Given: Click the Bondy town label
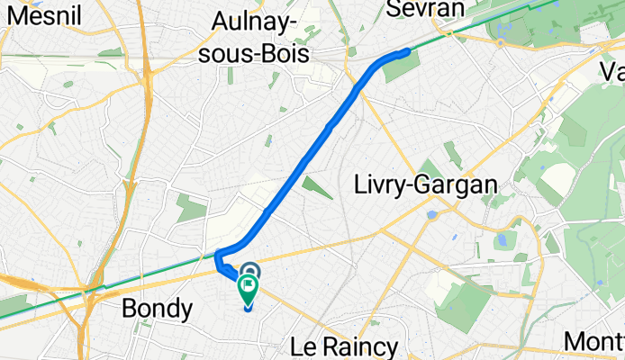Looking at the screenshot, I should [157, 310].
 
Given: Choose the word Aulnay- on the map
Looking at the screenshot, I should [260, 22].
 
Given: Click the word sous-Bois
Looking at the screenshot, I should [260, 54].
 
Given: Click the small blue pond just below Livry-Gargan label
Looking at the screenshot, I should [433, 215].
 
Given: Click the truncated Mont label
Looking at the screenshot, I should [594, 342].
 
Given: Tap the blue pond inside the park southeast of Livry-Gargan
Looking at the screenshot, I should [499, 240].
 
